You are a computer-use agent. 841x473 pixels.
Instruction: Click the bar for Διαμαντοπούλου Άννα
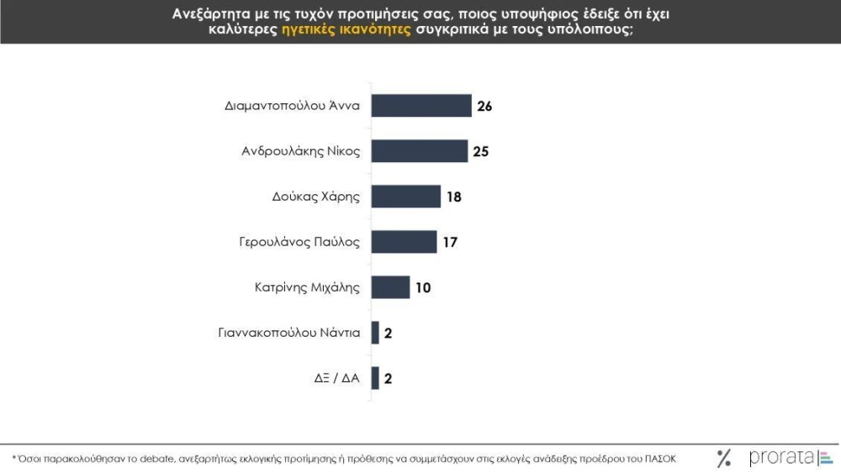[x=421, y=106]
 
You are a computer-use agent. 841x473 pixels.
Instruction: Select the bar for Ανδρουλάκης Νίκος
[x=420, y=151]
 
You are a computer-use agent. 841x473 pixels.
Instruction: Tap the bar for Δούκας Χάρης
[x=406, y=197]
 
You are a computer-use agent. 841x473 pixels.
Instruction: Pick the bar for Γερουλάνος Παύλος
[x=404, y=242]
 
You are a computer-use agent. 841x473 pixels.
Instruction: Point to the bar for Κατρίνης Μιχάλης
[x=390, y=287]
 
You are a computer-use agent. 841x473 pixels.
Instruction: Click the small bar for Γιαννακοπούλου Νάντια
[x=375, y=333]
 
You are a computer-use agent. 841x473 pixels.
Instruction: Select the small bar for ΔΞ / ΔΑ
[x=375, y=378]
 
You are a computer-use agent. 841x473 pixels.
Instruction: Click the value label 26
[x=484, y=106]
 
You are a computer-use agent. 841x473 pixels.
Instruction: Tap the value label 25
[x=480, y=151]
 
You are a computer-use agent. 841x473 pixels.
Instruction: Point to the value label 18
[x=454, y=197]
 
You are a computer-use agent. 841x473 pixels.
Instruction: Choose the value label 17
[x=450, y=242]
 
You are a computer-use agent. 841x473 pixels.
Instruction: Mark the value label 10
[x=423, y=287]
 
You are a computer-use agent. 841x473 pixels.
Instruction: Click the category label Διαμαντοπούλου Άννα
[x=293, y=106]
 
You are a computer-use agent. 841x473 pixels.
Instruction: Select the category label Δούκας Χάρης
[x=316, y=197]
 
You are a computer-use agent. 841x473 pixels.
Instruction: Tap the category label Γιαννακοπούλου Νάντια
[x=289, y=333]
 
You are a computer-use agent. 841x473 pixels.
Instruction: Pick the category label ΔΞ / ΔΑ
[x=337, y=378]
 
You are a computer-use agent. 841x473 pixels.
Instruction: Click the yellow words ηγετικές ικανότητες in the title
[x=346, y=29]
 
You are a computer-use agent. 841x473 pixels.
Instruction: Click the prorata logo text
[x=782, y=457]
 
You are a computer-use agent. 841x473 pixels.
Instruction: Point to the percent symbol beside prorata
[x=724, y=458]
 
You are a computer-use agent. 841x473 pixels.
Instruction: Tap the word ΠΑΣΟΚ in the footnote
[x=660, y=459]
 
